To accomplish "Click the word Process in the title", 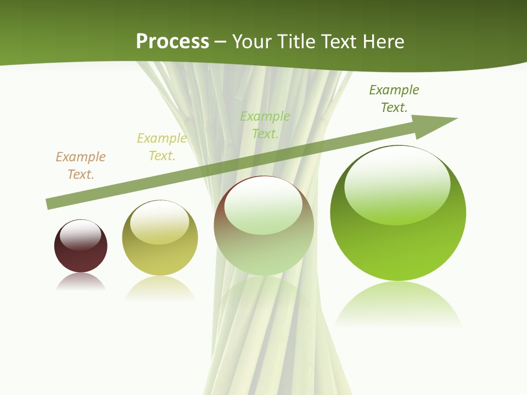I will tap(172, 42).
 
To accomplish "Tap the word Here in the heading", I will tap(383, 42).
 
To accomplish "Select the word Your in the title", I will tap(252, 42).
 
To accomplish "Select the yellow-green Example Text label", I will tap(162, 147).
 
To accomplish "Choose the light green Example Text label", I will tap(265, 125).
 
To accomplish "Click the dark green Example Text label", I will tap(394, 99).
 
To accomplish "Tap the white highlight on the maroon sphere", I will tap(81, 235).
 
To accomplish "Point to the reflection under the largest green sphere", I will tap(398, 304).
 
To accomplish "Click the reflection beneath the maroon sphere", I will tap(81, 282).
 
